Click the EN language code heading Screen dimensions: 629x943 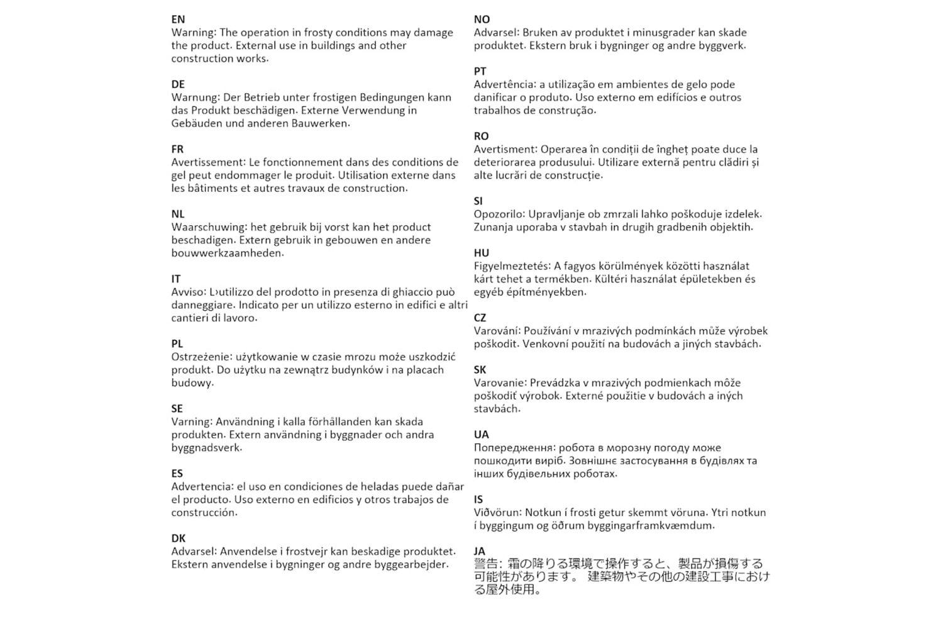pos(178,19)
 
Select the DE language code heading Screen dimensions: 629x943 pos(178,84)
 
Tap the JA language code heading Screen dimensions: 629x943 pos(480,552)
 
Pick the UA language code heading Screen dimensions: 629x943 pos(481,435)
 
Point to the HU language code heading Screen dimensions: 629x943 pos(481,253)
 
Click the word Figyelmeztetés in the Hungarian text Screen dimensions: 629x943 pos(510,266)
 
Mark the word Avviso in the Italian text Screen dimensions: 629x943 pos(188,292)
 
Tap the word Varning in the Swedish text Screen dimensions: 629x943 pos(191,421)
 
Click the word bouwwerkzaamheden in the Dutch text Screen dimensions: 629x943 pos(227,253)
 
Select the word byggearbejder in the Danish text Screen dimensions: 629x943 pos(412,564)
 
